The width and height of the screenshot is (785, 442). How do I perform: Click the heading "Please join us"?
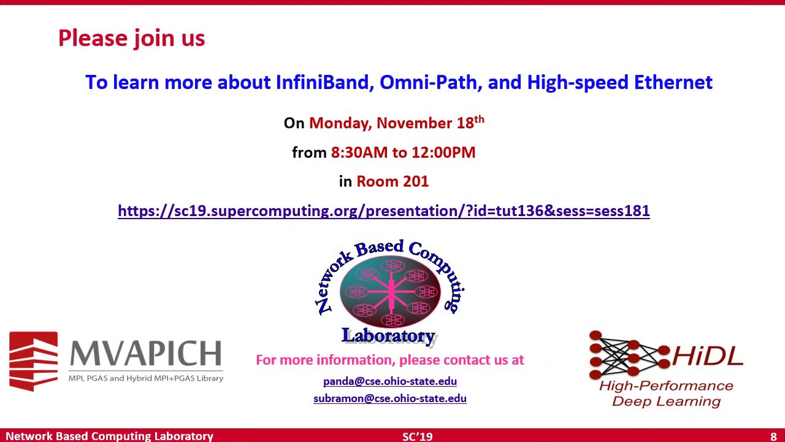pyautogui.click(x=131, y=38)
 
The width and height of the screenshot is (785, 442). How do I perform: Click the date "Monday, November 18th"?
pyautogui.click(x=396, y=123)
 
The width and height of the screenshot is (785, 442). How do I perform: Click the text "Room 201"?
pyautogui.click(x=392, y=182)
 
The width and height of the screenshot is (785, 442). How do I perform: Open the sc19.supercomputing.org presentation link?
pyautogui.click(x=383, y=211)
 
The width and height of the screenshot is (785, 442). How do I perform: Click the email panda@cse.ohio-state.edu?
pyautogui.click(x=390, y=381)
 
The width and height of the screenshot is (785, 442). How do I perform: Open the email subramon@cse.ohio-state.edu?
pyautogui.click(x=390, y=398)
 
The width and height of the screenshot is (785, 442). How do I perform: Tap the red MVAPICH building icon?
pyautogui.click(x=34, y=361)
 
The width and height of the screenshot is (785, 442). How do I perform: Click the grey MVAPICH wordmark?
pyautogui.click(x=145, y=354)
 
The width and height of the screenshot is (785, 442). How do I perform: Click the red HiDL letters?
pyautogui.click(x=708, y=355)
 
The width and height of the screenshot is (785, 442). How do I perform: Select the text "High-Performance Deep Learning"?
pyautogui.click(x=667, y=394)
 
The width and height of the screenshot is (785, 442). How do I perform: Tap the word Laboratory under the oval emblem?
pyautogui.click(x=388, y=336)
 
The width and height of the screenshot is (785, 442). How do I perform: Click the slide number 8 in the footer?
pyautogui.click(x=773, y=436)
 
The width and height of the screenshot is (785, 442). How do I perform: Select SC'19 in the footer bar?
pyautogui.click(x=418, y=436)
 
